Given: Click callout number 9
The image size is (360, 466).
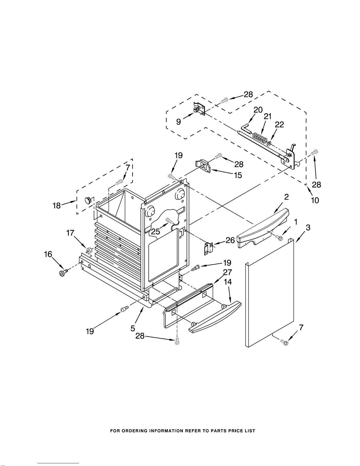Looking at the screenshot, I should pos(178,121).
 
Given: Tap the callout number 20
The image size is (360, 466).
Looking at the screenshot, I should pos(258,110).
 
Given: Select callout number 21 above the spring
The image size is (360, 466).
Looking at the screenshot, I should pos(267,116).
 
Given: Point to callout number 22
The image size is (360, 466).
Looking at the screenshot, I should pos(279,125).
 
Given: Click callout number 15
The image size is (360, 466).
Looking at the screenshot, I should pos(237,175).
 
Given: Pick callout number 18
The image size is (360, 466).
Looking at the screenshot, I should pos(57,205).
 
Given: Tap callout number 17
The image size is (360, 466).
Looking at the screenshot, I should pos(70,233).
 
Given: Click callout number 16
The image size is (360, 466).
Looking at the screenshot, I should pos(48,254).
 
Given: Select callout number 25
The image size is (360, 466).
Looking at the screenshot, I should pos(155,232).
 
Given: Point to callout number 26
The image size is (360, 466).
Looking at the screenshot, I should pos(230,240).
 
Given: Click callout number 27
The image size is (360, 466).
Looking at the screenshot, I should pos(227,273).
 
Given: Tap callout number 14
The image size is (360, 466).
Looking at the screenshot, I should pos(228,282).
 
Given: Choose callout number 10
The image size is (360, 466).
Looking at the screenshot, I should pos(315,200).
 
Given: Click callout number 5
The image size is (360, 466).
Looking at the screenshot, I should pos(133,328).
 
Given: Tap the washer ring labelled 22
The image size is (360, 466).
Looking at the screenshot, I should pos(269,143).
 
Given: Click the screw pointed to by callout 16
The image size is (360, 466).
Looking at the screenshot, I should pos(63,273).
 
